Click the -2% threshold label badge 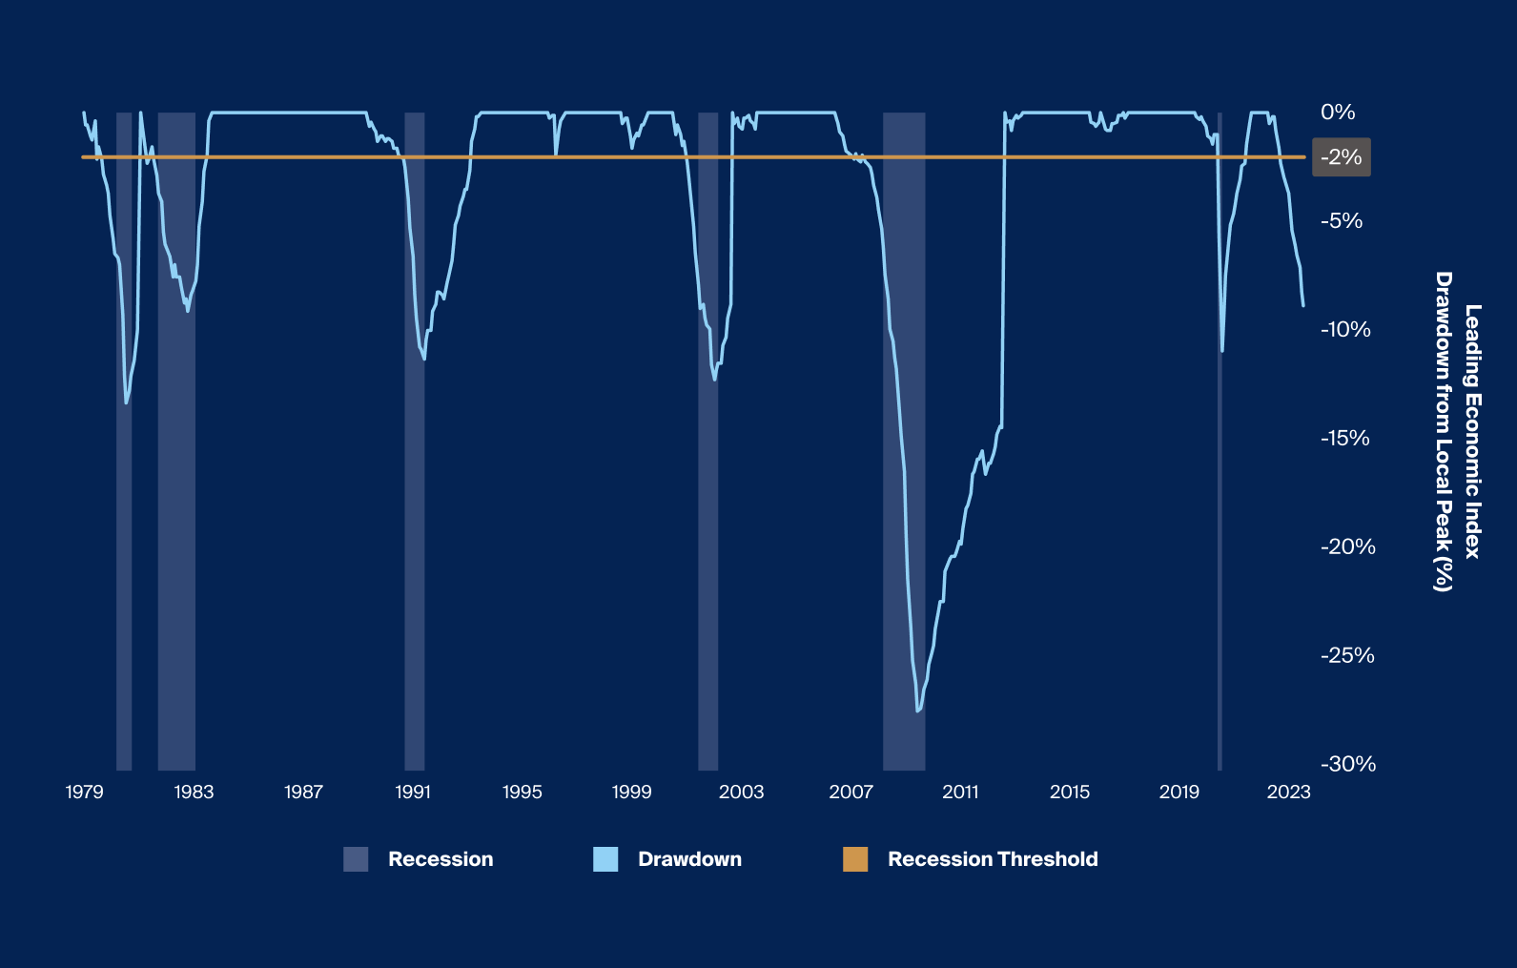[x=1342, y=157]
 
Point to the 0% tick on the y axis [x=1337, y=113]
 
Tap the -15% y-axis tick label [x=1344, y=439]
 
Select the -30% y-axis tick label [x=1347, y=764]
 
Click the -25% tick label [x=1346, y=655]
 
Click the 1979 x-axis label [x=84, y=792]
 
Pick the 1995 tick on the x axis [x=522, y=792]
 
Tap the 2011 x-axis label [x=960, y=792]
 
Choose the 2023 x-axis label [x=1288, y=792]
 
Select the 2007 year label [x=851, y=792]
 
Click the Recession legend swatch [x=356, y=859]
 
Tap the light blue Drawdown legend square [x=605, y=859]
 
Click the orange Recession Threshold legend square [x=855, y=859]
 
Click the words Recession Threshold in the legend [x=993, y=859]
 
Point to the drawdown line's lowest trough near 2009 [x=917, y=711]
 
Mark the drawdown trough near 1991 [x=424, y=359]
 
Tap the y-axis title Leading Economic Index [x=1472, y=431]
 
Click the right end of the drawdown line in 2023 [x=1303, y=305]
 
